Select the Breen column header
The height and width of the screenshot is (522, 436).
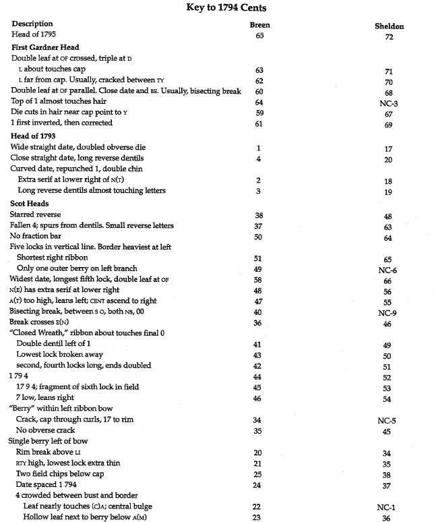click(259, 24)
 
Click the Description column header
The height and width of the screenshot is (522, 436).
click(32, 24)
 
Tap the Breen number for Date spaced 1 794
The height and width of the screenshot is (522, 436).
click(259, 484)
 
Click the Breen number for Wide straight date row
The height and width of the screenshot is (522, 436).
click(259, 148)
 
